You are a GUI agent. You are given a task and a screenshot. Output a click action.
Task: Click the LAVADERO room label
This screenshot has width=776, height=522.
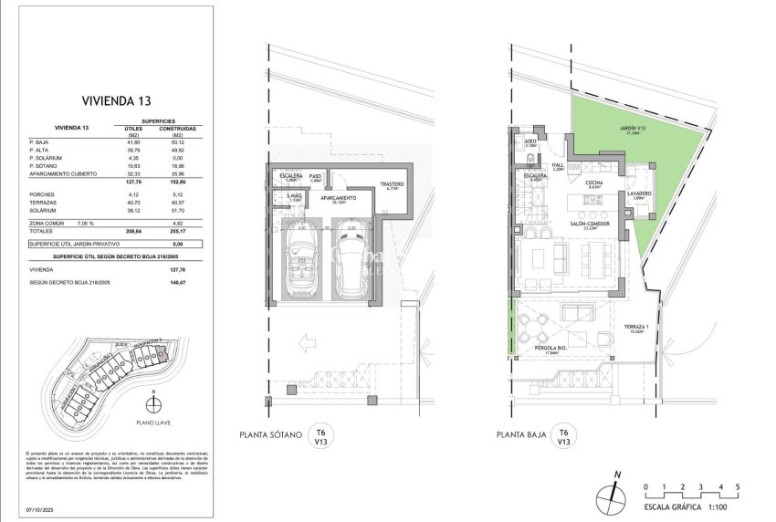[639, 193]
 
